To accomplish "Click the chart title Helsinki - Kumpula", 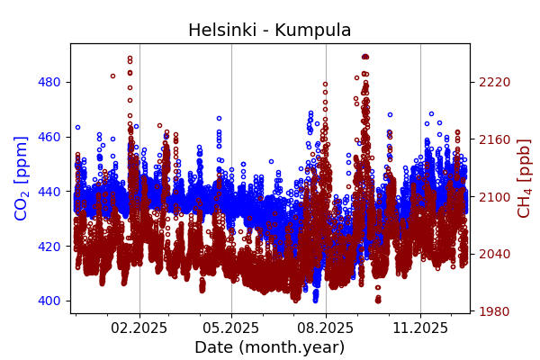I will coord(270,31).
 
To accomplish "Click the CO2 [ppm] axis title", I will coord(22,178).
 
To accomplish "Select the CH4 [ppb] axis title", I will coord(524,178).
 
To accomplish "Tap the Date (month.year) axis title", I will coord(270,347).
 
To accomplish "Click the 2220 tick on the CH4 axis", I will coord(494,82).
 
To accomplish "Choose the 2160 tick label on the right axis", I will coord(494,139).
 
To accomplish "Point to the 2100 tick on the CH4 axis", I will coord(494,197).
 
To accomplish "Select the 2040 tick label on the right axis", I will coord(494,254).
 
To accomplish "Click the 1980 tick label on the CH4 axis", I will coord(494,311).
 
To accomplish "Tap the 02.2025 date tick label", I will coord(139,328).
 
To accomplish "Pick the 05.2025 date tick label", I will coord(231,328).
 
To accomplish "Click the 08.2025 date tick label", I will coord(326,328).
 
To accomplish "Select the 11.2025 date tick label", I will coord(420,328).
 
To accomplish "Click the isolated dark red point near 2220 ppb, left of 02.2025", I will coord(112,76).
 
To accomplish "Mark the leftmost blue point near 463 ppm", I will coord(77,128).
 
